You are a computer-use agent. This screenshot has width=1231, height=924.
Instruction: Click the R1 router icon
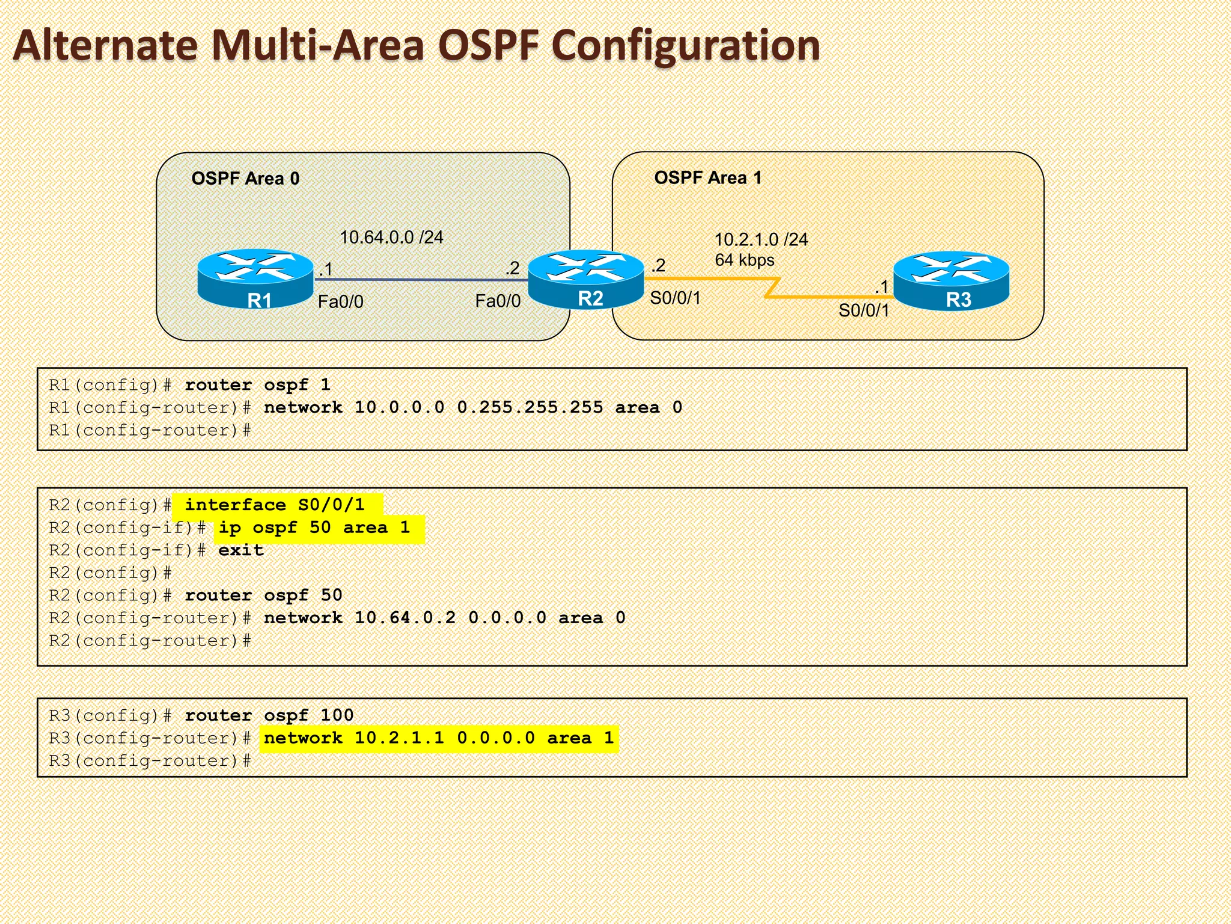pyautogui.click(x=255, y=278)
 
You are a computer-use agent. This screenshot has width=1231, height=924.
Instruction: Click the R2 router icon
pyautogui.click(x=586, y=279)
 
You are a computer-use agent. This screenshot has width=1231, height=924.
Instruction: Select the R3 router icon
pyautogui.click(x=952, y=280)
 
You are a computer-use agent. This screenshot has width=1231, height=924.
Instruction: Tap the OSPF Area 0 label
pyautogui.click(x=245, y=179)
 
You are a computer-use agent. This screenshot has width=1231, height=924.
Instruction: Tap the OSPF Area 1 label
pyautogui.click(x=707, y=178)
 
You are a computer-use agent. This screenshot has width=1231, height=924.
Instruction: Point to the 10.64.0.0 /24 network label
pyautogui.click(x=391, y=238)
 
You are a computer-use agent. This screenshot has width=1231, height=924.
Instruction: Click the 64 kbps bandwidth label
pyautogui.click(x=744, y=260)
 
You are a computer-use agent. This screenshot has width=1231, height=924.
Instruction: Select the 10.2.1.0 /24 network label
pyautogui.click(x=760, y=240)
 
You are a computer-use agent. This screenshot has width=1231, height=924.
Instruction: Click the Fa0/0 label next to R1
pyautogui.click(x=340, y=301)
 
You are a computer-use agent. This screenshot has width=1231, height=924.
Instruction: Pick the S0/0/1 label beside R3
pyautogui.click(x=863, y=310)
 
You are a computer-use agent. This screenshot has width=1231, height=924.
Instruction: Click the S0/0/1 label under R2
pyautogui.click(x=675, y=298)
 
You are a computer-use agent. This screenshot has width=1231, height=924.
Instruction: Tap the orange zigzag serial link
pyautogui.click(x=772, y=288)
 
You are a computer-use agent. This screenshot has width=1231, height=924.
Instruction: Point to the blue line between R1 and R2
pyautogui.click(x=421, y=280)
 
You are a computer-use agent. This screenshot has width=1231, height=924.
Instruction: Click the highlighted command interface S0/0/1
pyautogui.click(x=275, y=505)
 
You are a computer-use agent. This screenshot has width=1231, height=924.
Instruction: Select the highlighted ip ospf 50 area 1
pyautogui.click(x=314, y=528)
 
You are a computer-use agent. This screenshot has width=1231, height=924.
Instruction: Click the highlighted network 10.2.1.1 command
pyautogui.click(x=439, y=738)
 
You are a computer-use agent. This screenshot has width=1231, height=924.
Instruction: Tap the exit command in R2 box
pyautogui.click(x=241, y=550)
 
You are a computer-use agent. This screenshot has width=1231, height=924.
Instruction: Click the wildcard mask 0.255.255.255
pyautogui.click(x=530, y=408)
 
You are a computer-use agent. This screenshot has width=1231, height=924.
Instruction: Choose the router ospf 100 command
pyautogui.click(x=269, y=715)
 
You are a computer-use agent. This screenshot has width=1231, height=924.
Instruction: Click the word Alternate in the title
pyautogui.click(x=106, y=46)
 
